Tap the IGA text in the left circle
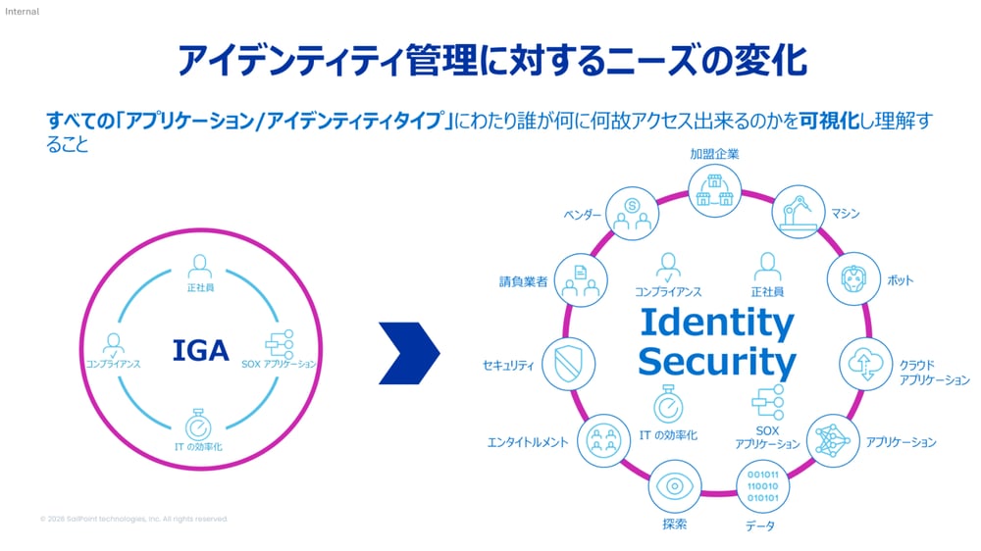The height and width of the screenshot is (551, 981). pos(200,350)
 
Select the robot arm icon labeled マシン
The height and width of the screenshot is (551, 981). pos(796,212)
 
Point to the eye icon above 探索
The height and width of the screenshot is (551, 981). pos(674,484)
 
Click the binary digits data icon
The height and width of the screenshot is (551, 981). pos(762,485)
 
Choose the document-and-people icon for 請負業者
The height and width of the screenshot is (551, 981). pos(580,278)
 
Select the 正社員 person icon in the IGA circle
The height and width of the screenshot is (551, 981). pos(200,267)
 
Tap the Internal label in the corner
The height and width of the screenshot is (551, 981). pos(22,11)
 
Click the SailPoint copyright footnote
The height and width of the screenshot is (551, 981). pos(133,519)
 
